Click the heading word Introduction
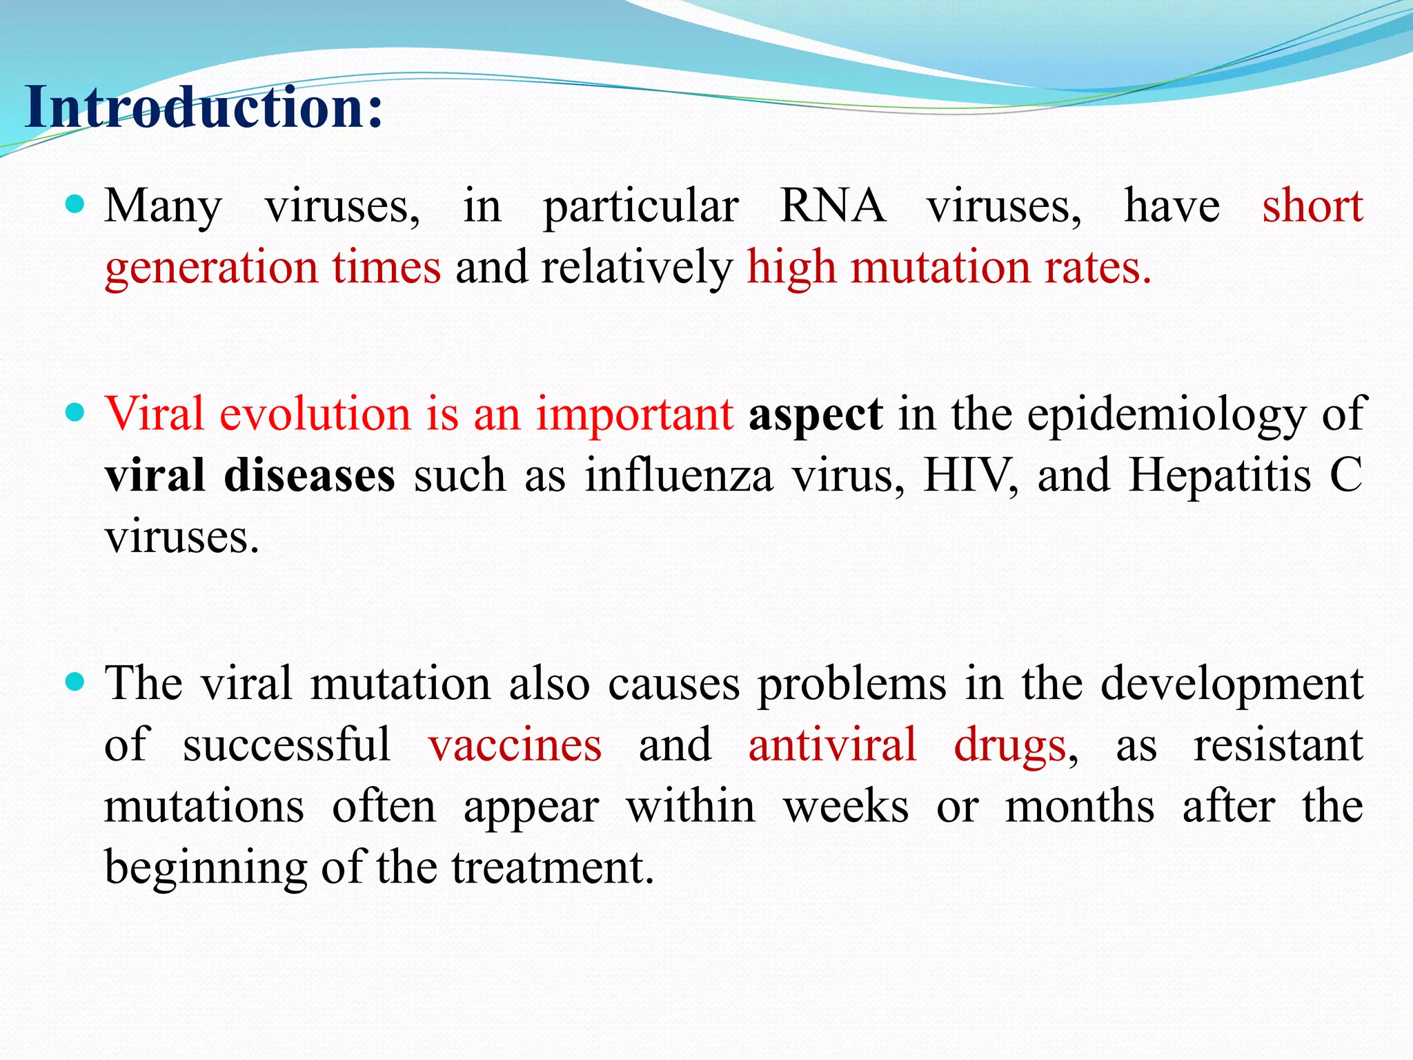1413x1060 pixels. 203,108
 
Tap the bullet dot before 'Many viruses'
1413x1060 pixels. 75,204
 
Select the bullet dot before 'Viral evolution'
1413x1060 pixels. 75,413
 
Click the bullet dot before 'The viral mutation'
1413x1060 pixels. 75,682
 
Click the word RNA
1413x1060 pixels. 832,206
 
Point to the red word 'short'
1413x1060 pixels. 1312,206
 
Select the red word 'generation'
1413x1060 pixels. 211,268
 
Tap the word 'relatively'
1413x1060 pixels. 636,268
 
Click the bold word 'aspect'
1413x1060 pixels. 816,414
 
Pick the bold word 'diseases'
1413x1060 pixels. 309,476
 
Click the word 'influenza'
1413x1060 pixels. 679,476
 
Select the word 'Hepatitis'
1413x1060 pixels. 1219,476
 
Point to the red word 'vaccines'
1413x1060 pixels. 515,745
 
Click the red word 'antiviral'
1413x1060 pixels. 832,745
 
